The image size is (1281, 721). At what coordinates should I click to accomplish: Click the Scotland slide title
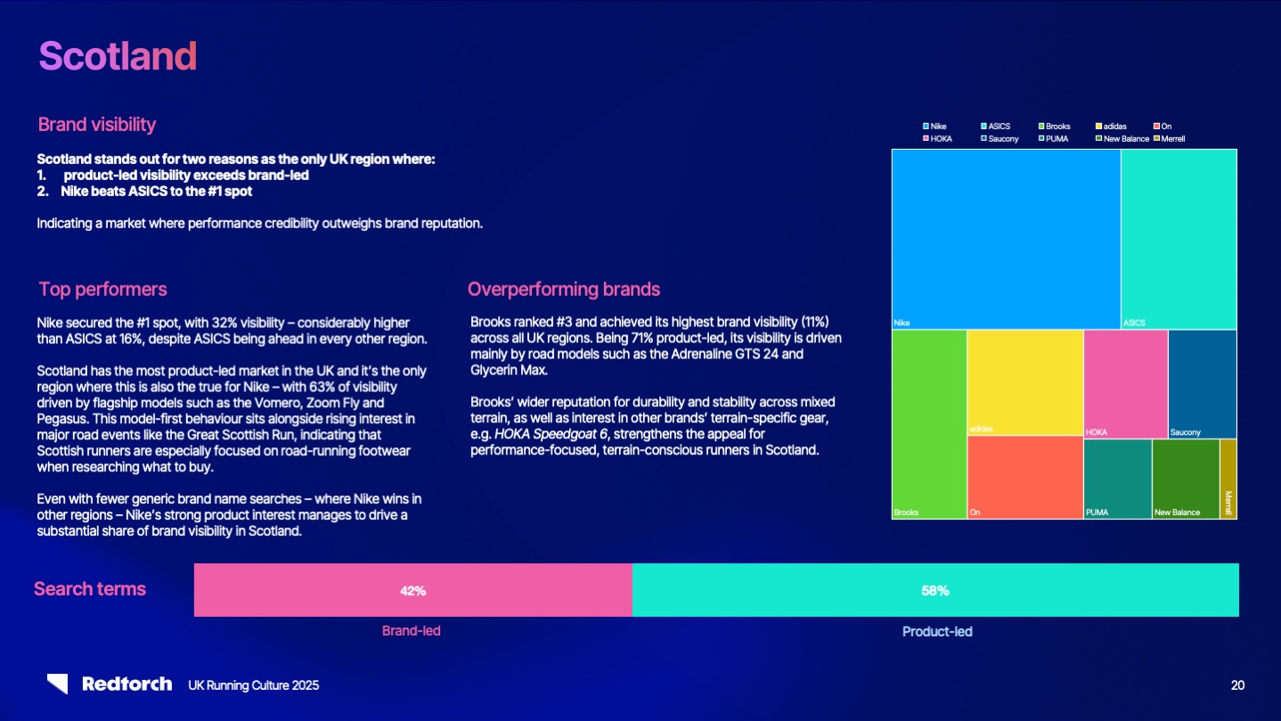click(118, 56)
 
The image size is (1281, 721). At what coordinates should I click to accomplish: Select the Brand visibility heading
click(97, 124)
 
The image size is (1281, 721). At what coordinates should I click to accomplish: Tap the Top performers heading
click(102, 289)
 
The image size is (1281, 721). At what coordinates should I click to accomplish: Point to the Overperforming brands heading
click(563, 289)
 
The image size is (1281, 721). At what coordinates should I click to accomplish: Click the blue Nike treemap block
click(1006, 238)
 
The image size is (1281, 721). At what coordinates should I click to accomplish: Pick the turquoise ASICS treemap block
click(1179, 238)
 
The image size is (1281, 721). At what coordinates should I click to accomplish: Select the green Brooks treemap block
click(929, 423)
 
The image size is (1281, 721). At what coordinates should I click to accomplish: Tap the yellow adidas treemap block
click(1024, 381)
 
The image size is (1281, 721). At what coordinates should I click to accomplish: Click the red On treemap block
click(1024, 477)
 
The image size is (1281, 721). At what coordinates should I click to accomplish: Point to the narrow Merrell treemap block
click(1228, 479)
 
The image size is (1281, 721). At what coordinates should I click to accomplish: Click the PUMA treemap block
click(1117, 479)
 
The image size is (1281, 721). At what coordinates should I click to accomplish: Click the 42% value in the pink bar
click(412, 590)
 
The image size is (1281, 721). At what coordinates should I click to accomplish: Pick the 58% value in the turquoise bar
click(934, 590)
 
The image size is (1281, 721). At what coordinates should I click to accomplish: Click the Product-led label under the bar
click(937, 631)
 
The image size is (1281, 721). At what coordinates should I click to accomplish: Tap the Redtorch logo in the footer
click(110, 684)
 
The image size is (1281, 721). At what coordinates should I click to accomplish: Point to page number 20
click(1237, 685)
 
